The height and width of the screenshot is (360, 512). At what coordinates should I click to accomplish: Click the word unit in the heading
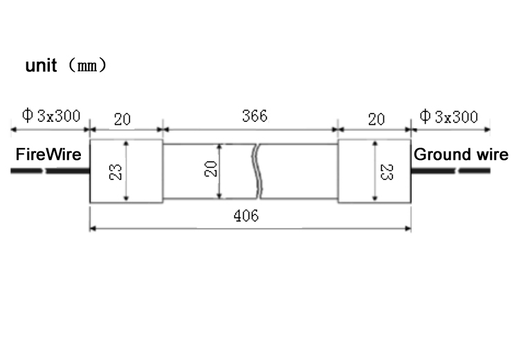41,65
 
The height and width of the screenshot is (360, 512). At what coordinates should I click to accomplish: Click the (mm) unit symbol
88,65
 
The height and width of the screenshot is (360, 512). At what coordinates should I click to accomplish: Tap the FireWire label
48,154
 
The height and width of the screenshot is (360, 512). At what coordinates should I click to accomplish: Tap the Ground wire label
461,154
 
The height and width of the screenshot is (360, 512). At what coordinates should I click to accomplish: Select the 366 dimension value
255,116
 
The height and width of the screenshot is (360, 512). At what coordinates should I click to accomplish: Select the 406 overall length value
246,216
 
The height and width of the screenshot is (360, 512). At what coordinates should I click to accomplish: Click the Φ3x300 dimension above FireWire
51,116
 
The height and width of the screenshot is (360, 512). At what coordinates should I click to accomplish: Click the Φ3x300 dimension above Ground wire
448,116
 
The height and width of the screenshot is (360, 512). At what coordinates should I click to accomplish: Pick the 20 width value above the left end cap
122,119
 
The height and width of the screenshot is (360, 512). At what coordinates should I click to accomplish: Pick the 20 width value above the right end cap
376,119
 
